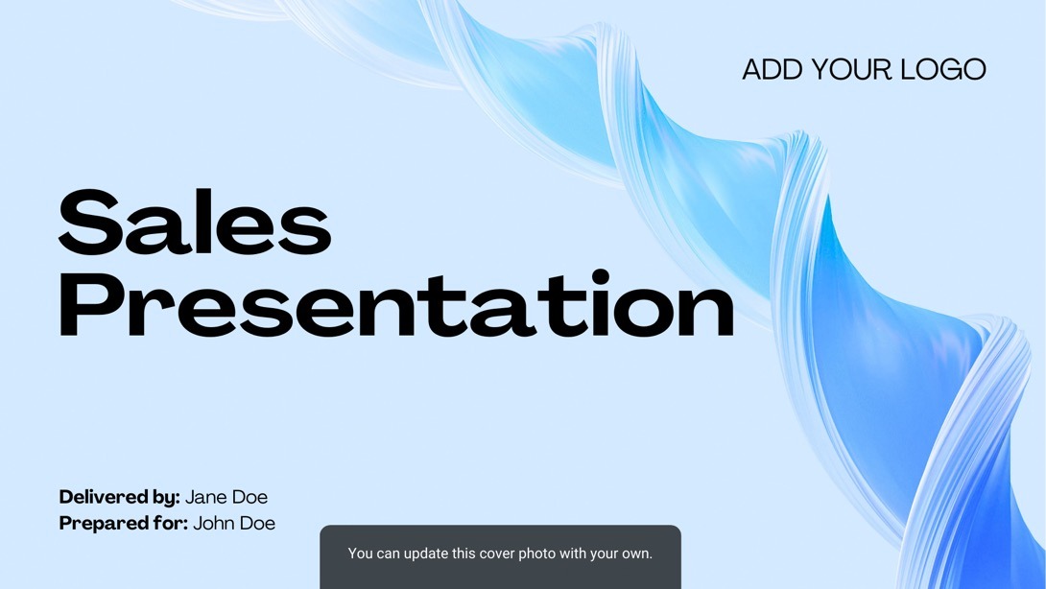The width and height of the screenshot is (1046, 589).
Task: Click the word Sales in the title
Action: pyautogui.click(x=195, y=222)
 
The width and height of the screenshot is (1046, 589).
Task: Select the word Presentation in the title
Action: pyautogui.click(x=397, y=303)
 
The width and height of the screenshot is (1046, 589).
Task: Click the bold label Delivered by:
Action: pyautogui.click(x=119, y=497)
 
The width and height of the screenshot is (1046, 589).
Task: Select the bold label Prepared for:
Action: pyautogui.click(x=124, y=523)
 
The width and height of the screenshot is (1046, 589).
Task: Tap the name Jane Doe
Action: pyautogui.click(x=226, y=497)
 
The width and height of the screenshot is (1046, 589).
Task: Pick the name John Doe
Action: pyautogui.click(x=234, y=523)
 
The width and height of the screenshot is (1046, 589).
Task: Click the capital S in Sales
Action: pyautogui.click(x=89, y=222)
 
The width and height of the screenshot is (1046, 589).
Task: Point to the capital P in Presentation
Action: pyautogui.click(x=87, y=304)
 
